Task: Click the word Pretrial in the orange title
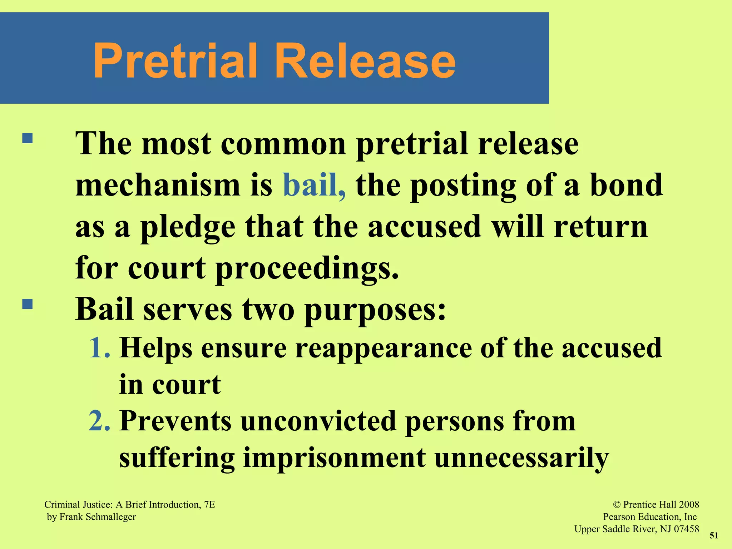pyautogui.click(x=175, y=61)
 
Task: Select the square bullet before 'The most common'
pyautogui.click(x=28, y=138)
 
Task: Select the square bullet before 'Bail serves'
pyautogui.click(x=28, y=304)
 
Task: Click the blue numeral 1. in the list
pyautogui.click(x=100, y=347)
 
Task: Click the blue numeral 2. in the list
pyautogui.click(x=100, y=421)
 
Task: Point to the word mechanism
pyautogui.click(x=158, y=185)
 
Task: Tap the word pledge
pyautogui.click(x=188, y=228)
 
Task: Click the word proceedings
pyautogui.click(x=307, y=269)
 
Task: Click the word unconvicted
pyautogui.click(x=318, y=421)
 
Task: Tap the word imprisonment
pyautogui.click(x=334, y=458)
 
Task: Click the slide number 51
pyautogui.click(x=714, y=535)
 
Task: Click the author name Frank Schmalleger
pyautogui.click(x=98, y=517)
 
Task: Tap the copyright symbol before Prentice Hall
pyautogui.click(x=617, y=505)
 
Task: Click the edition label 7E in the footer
pyautogui.click(x=209, y=505)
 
